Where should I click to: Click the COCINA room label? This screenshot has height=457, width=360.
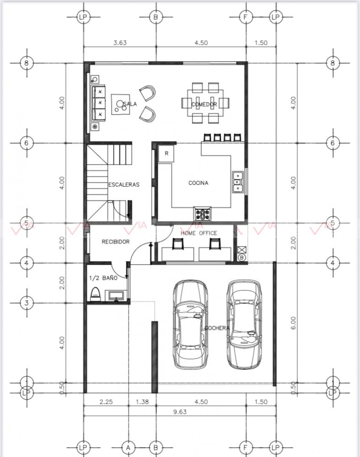[x=198, y=183]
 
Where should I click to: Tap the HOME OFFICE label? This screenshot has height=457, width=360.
[x=199, y=233]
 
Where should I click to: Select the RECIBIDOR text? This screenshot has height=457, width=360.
[x=115, y=242]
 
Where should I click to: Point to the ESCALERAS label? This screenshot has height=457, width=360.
[x=124, y=184]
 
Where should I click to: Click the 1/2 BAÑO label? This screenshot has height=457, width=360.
[x=103, y=278]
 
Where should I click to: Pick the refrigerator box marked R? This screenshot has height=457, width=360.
[x=166, y=154]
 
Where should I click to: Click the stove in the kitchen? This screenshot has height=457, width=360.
[x=202, y=214]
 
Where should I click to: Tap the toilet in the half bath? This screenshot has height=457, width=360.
[x=95, y=294]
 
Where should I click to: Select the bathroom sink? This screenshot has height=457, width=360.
[x=117, y=295]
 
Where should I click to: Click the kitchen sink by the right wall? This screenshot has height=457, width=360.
[x=238, y=182]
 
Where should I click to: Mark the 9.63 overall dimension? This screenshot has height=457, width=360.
[x=180, y=412]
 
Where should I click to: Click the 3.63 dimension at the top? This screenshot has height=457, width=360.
[x=120, y=43]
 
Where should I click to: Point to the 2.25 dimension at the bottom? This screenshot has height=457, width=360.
[x=106, y=402]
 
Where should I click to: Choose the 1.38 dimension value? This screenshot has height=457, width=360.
[x=142, y=402]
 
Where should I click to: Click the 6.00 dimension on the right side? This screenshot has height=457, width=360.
[x=293, y=323]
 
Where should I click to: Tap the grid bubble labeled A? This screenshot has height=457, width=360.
[x=128, y=447]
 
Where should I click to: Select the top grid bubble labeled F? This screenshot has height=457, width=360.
[x=245, y=17]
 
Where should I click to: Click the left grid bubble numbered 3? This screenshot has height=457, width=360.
[x=27, y=303]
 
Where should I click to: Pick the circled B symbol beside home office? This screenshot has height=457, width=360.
[x=242, y=258]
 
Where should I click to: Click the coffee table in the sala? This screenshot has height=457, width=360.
[x=120, y=104]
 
